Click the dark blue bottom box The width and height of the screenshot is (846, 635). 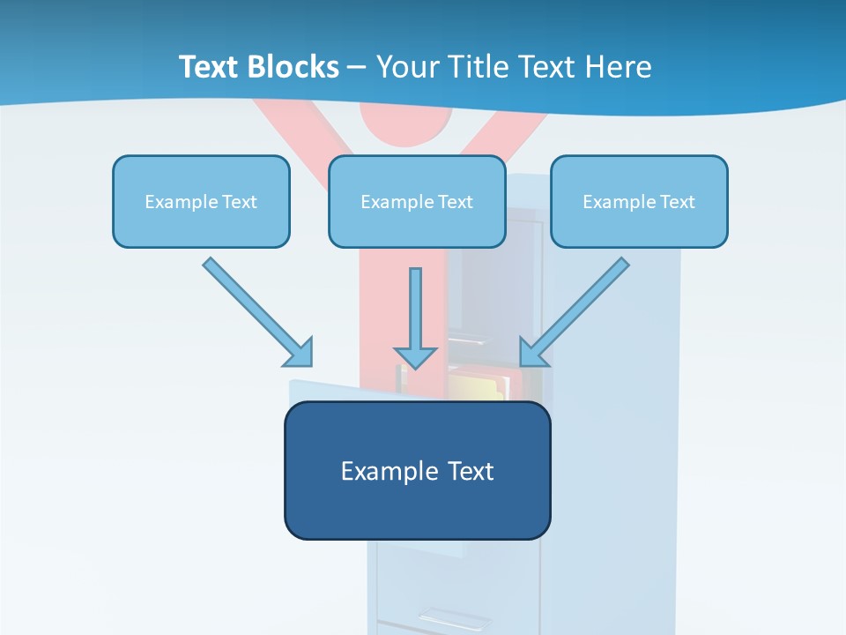click(417, 507)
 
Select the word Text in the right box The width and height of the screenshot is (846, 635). click(678, 202)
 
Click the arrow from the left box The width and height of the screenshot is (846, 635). click(256, 310)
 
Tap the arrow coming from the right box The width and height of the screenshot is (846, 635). click(576, 310)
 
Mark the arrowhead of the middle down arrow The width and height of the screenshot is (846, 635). click(416, 356)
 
